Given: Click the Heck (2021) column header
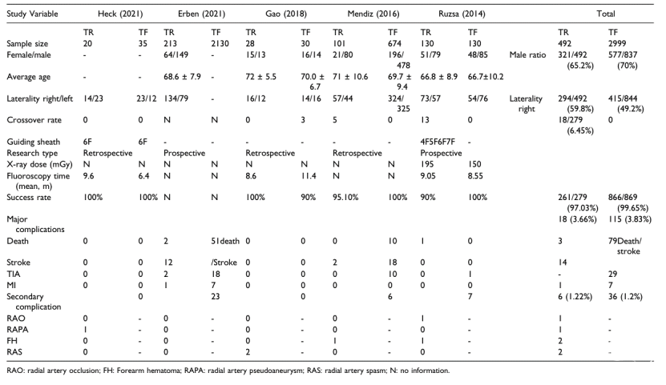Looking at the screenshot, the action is [120, 14].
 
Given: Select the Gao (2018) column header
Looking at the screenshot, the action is [286, 14].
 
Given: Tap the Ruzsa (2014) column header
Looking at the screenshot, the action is [462, 14].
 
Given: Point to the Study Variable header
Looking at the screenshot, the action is [32, 14].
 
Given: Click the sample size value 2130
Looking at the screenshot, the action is [220, 44].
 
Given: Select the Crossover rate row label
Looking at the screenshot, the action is [34, 120].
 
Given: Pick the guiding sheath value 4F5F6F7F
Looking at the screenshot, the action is [438, 142].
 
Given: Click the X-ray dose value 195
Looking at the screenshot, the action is [427, 164].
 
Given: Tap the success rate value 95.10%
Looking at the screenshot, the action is [345, 197].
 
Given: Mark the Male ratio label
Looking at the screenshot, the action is [527, 54].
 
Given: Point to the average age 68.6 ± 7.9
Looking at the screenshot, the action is [182, 77].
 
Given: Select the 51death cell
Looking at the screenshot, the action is [225, 241].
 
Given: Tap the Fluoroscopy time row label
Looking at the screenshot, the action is [38, 181].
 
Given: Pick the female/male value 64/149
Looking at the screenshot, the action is [176, 54].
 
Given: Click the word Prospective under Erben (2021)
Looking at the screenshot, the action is [184, 153].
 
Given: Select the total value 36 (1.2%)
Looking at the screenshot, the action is [625, 296].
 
